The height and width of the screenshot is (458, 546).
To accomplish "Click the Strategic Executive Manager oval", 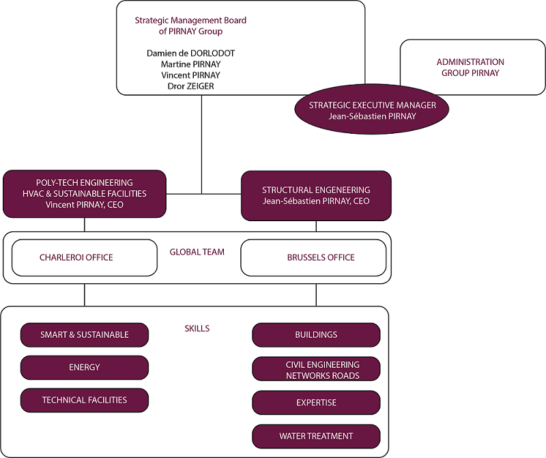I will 371,111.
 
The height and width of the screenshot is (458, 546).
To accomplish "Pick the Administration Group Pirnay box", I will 470,67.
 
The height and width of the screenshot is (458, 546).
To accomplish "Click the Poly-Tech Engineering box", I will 85,194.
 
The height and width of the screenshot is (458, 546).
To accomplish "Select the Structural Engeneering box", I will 316,195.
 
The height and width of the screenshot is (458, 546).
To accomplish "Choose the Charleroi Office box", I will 76,257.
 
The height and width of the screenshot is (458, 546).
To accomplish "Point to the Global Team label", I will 197,252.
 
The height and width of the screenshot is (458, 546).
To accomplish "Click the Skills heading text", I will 197,328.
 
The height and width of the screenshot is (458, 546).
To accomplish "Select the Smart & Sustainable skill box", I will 85,335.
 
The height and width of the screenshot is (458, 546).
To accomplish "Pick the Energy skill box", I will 85,367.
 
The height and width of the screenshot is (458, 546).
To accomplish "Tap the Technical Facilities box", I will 85,400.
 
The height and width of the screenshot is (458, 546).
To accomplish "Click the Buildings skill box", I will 316,335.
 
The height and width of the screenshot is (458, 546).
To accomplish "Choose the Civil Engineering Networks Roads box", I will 316,370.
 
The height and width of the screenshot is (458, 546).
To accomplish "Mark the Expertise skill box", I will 316,403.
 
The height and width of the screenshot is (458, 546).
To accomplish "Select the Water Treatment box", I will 316,436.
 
